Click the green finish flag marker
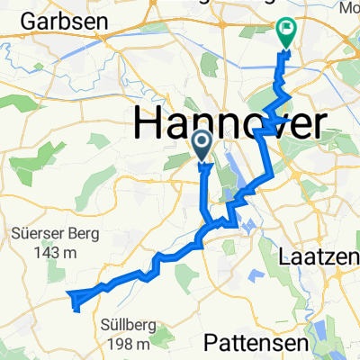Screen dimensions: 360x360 (x=286, y=35)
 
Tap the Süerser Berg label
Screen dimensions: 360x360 (x=49, y=231)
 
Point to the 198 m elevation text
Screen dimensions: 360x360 (x=126, y=343)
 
